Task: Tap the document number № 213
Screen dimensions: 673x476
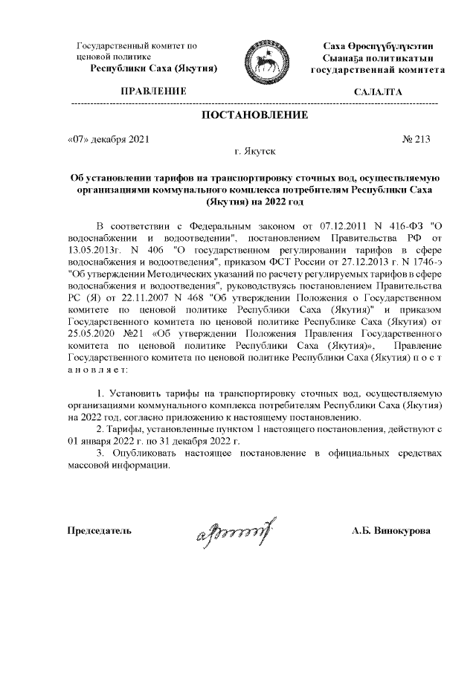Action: point(415,138)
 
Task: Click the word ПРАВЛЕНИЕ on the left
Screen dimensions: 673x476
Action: point(154,91)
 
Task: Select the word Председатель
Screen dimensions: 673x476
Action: point(100,531)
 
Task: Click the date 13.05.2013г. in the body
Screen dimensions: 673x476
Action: point(95,251)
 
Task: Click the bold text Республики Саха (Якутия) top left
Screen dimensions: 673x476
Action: point(154,69)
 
